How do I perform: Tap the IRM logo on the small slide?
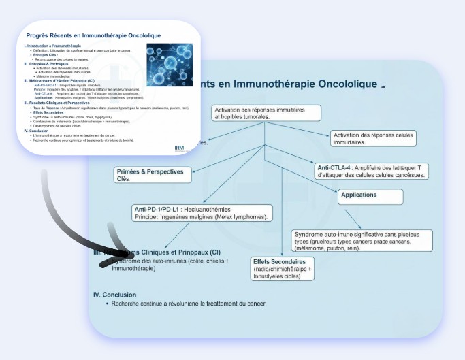(179, 148)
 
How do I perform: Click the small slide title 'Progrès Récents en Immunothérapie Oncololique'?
(93, 35)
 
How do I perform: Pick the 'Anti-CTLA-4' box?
(372, 171)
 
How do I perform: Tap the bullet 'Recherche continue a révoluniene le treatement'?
(189, 304)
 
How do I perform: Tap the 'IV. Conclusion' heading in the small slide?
(38, 131)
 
